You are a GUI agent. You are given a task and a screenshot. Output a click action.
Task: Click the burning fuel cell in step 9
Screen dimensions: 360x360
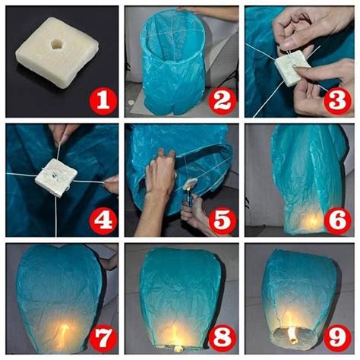point(292,335)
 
